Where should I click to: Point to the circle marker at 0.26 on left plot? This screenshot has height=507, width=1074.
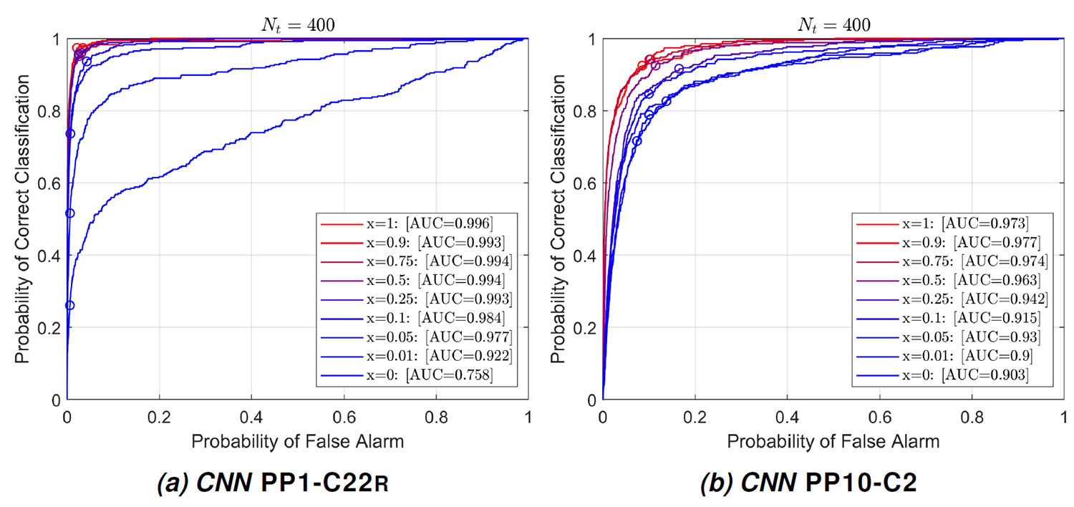point(69,305)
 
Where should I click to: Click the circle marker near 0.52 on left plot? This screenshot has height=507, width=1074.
point(69,213)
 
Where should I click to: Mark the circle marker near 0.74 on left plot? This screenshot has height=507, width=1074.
point(70,133)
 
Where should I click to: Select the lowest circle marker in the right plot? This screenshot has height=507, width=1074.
point(637,141)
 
